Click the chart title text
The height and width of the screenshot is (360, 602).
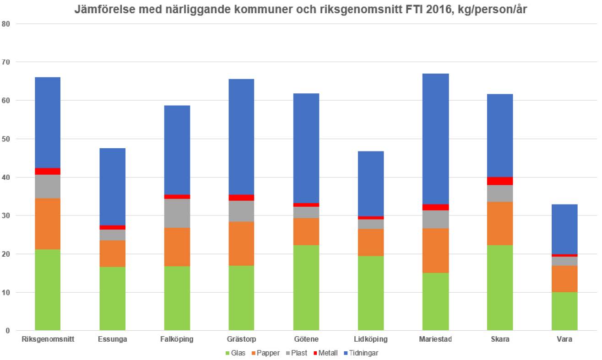point(301,10)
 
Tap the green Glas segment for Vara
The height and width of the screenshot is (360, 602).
point(564,311)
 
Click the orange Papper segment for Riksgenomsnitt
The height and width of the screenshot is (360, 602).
point(48,224)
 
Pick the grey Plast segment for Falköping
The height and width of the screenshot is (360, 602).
point(177,213)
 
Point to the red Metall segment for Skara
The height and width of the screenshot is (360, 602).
point(500,181)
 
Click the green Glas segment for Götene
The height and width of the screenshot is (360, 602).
point(306,288)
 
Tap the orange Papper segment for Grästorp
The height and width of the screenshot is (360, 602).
point(241,243)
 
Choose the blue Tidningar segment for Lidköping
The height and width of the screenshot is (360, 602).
point(371,183)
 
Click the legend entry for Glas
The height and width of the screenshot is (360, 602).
point(234,353)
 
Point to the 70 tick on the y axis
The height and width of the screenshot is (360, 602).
point(6,62)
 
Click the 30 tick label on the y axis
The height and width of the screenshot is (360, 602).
point(6,215)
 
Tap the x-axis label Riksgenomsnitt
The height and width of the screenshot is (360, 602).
point(48,339)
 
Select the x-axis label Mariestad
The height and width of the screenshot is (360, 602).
point(436,339)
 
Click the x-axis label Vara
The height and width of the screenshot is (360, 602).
point(564,339)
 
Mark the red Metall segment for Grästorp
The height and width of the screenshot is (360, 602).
point(241,198)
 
